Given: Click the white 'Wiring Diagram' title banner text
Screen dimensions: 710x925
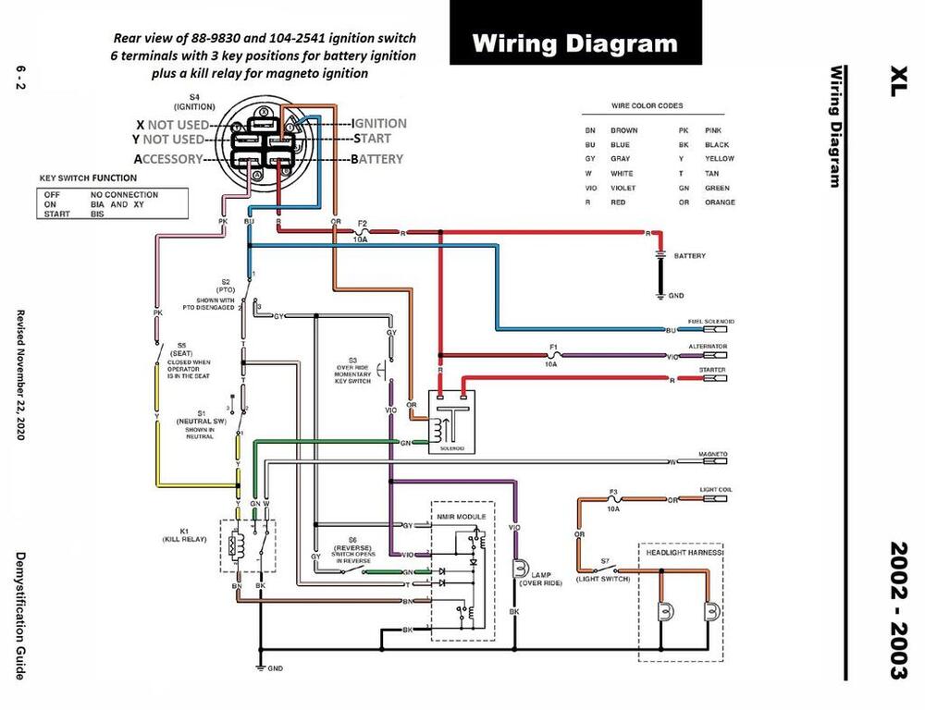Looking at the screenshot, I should (573, 43).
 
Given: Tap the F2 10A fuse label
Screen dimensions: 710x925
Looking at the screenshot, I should (363, 230).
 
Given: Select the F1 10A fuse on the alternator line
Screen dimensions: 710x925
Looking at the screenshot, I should (552, 355).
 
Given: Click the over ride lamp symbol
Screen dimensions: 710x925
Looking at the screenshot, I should (518, 566).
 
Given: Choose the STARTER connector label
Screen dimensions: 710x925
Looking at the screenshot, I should (713, 369).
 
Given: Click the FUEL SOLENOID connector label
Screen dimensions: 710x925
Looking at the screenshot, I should (708, 322).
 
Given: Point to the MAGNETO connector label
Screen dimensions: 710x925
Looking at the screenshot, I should (712, 453).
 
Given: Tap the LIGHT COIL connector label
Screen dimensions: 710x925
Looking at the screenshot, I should (711, 490).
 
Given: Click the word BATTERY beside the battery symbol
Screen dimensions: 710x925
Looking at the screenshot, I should (691, 255).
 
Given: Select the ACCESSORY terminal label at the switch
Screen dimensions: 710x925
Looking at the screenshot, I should (169, 159).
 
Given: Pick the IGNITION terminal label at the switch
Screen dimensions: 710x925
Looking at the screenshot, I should (379, 123).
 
